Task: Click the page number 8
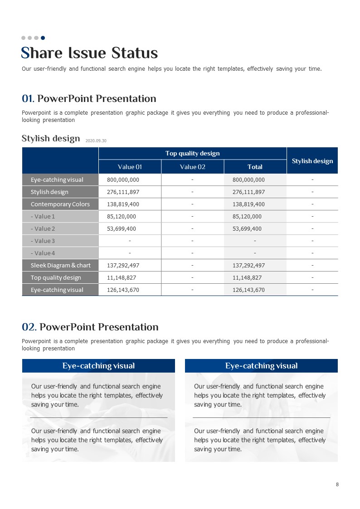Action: coord(337,485)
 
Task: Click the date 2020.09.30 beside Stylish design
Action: coord(96,141)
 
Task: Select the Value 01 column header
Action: coord(130,167)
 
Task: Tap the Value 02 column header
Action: coord(192,167)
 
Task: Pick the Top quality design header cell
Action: coord(192,153)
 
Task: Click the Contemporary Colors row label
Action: coord(60,204)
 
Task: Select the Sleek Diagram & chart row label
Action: coord(60,265)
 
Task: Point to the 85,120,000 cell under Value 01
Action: coord(122,216)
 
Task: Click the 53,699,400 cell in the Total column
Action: coord(248,228)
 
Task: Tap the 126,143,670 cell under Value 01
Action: coord(123,290)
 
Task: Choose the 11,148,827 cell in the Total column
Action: coord(247,277)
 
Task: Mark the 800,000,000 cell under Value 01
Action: coord(123,179)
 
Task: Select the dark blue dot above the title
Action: coord(43,38)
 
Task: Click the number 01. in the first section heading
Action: coord(28,99)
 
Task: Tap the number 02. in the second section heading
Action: coord(29,327)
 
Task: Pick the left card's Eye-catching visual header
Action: coord(98,366)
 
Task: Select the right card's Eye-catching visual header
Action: coord(261,366)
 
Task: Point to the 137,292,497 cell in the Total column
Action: coord(248,265)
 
